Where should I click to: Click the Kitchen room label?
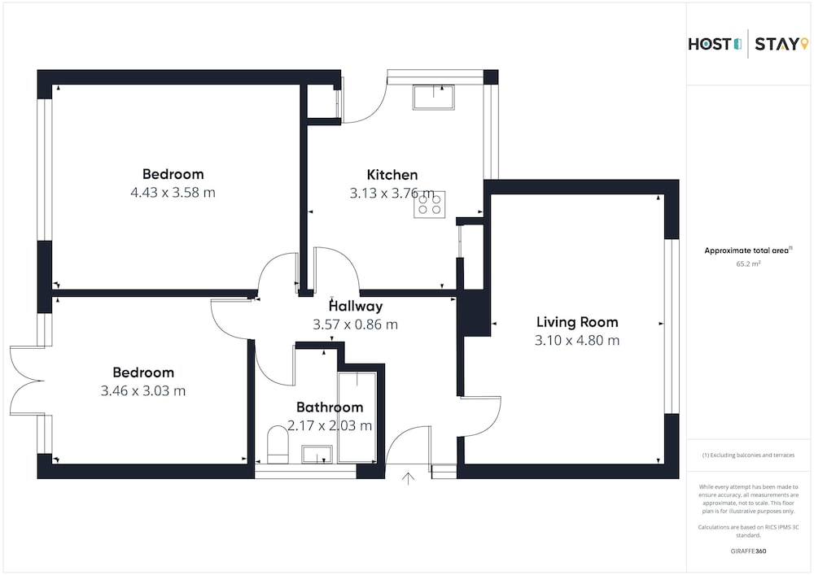392,175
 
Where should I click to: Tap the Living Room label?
577,322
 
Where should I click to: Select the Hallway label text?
356,307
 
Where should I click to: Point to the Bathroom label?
330,407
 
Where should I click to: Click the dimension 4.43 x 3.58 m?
173,193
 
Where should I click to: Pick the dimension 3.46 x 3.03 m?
142,390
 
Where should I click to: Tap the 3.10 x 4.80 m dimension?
577,340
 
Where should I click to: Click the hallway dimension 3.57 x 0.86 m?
355,325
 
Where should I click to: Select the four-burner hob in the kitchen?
429,204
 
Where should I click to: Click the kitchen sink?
434,97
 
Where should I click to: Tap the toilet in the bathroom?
278,445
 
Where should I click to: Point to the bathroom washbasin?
317,454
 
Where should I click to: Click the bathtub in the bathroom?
357,417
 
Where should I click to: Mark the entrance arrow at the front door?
408,478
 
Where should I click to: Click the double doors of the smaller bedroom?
26,381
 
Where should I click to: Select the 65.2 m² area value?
748,264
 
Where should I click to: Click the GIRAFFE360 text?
748,551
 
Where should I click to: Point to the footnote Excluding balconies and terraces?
748,455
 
